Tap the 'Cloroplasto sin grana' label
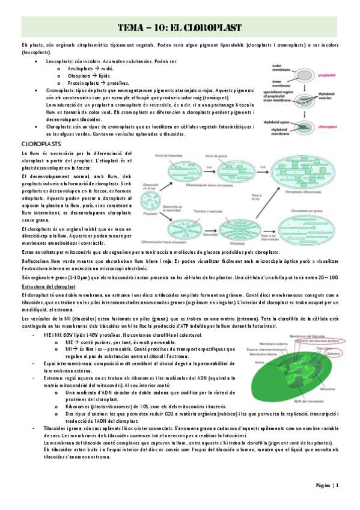tap(307, 212)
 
